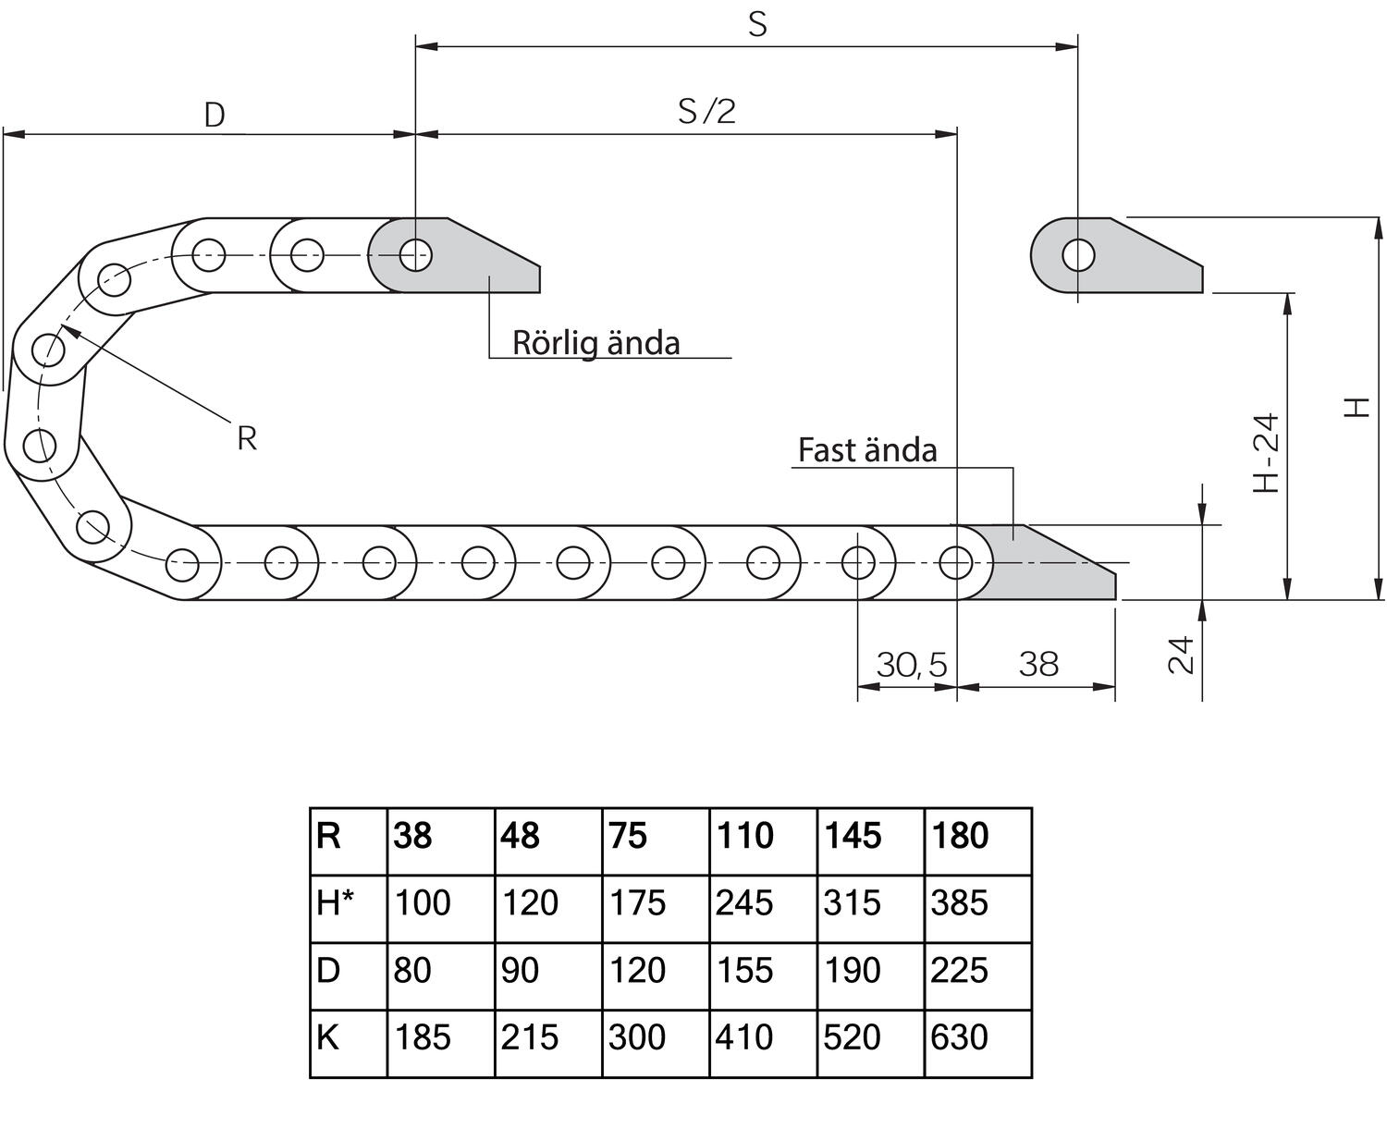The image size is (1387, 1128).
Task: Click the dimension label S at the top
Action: point(757,25)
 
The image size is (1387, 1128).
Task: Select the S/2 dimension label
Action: point(706,111)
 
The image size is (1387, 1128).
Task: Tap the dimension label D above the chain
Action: point(215,116)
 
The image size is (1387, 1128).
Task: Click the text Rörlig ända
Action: point(596,342)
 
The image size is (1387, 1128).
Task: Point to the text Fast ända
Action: point(867,450)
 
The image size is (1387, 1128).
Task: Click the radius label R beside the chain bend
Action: point(246,438)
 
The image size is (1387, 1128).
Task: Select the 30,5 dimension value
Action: point(911,664)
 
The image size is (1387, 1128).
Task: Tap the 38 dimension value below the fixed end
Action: point(1037,664)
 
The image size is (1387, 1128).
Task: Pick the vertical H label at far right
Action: point(1356,407)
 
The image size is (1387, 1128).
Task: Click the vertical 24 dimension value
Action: point(1182,655)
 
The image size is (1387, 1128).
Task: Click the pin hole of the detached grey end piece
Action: point(1078,254)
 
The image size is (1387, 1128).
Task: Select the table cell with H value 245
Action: point(744,902)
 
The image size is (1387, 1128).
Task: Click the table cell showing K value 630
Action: point(960,1037)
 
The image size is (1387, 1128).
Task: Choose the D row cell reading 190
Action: point(852,970)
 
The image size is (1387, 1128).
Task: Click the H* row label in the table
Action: point(335,902)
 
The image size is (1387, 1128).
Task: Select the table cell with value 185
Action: point(423,1037)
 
